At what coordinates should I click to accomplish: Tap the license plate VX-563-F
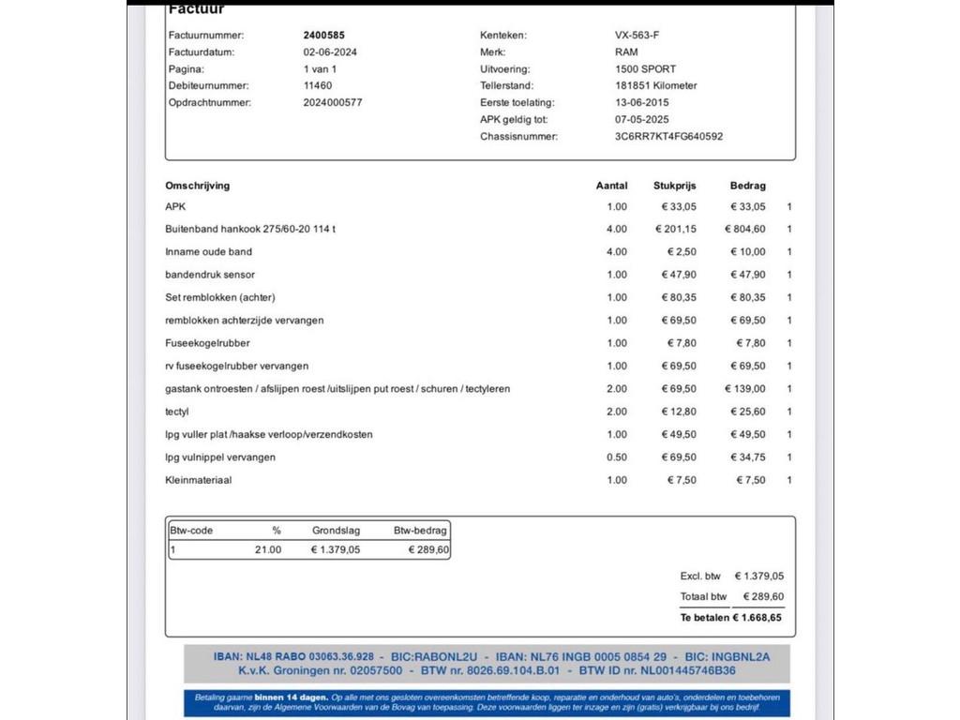pyautogui.click(x=637, y=36)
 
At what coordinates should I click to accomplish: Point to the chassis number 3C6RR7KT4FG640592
pyautogui.click(x=668, y=137)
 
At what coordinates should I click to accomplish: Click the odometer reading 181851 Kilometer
pyautogui.click(x=655, y=86)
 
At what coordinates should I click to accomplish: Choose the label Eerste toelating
pyautogui.click(x=517, y=103)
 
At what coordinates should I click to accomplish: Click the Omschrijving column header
pyautogui.click(x=198, y=186)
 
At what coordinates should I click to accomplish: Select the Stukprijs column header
pyautogui.click(x=675, y=186)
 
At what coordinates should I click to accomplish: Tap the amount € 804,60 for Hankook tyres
pyautogui.click(x=745, y=230)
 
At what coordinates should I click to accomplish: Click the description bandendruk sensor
pyautogui.click(x=210, y=275)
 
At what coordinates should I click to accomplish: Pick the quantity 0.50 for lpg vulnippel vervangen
pyautogui.click(x=617, y=457)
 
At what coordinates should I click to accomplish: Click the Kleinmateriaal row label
pyautogui.click(x=198, y=480)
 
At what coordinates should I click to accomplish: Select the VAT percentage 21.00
pyautogui.click(x=268, y=550)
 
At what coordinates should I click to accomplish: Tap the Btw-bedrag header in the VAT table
pyautogui.click(x=421, y=531)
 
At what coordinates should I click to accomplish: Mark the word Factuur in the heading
pyautogui.click(x=196, y=10)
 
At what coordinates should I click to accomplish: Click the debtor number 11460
pyautogui.click(x=318, y=86)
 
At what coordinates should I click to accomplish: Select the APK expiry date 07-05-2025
pyautogui.click(x=642, y=120)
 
